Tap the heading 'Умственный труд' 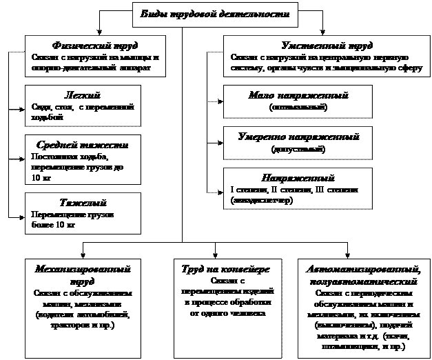(322, 46)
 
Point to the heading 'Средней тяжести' (81, 146)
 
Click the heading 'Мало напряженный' (298, 95)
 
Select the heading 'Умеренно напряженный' (298, 137)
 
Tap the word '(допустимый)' (298, 148)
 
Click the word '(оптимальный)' (298, 107)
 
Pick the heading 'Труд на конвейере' (225, 270)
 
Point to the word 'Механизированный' (82, 270)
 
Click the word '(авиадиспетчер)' (263, 200)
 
